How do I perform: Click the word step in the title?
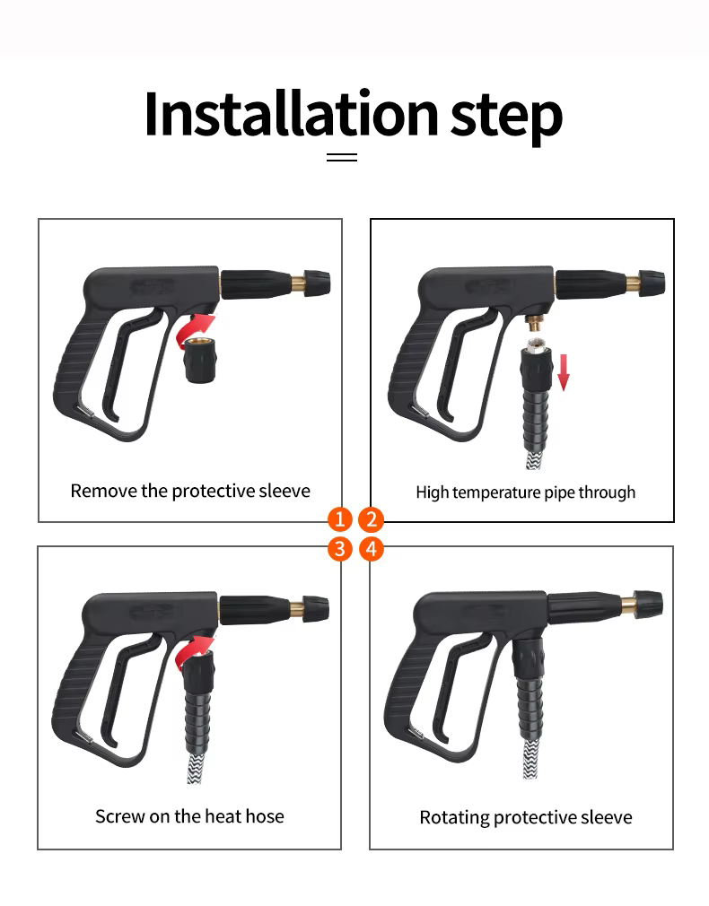(506, 118)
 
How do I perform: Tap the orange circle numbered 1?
(340, 518)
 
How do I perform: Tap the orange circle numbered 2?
(372, 518)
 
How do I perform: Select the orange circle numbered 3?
(340, 549)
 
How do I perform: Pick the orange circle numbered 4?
(372, 549)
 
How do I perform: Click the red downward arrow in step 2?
(564, 372)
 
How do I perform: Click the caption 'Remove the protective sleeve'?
(190, 492)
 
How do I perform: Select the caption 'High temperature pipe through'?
(526, 492)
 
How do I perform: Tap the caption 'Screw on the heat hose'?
(189, 816)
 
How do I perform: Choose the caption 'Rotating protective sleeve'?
(526, 817)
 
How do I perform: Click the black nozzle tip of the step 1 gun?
(318, 283)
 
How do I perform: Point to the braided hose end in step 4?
(531, 757)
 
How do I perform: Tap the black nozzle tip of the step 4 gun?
(648, 605)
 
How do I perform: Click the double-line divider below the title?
(342, 157)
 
